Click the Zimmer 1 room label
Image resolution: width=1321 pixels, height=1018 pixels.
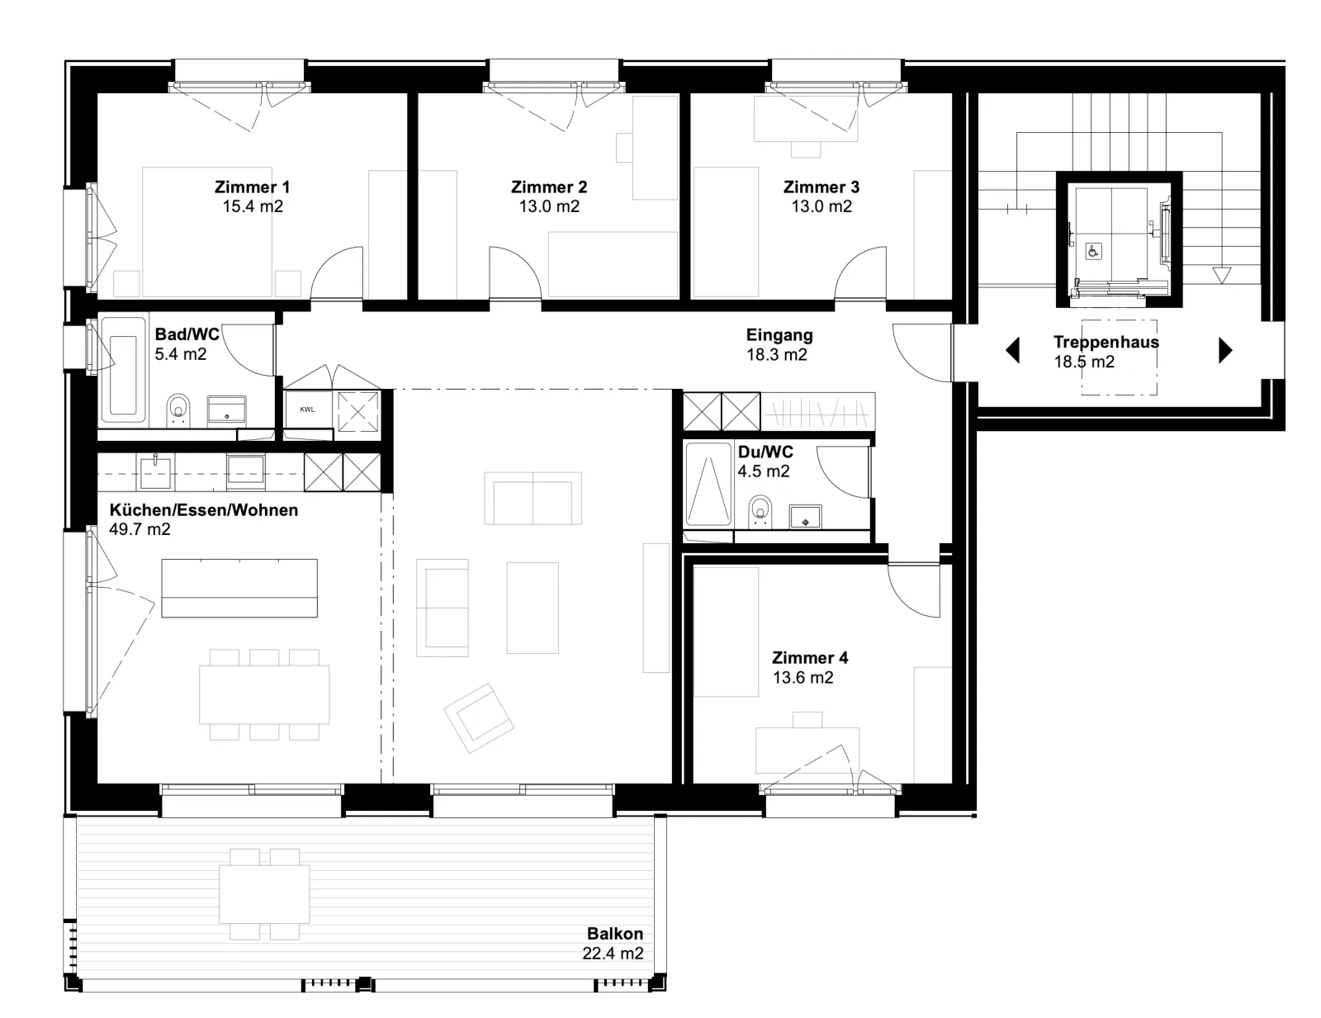coord(252,187)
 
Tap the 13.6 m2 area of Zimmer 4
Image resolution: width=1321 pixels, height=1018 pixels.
coord(803,678)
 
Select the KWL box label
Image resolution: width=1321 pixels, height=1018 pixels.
coord(308,410)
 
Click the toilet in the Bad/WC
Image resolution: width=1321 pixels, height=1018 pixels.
coord(178,410)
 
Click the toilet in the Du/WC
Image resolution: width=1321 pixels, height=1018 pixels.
coord(760,513)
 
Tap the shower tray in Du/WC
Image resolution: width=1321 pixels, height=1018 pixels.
coord(708,484)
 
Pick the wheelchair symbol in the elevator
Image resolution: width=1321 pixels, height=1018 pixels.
coord(1093,251)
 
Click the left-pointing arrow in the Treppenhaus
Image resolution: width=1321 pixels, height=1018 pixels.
coord(1013,351)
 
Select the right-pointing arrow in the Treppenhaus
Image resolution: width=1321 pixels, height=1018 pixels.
coord(1225,351)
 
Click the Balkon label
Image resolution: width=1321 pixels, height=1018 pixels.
coord(614,934)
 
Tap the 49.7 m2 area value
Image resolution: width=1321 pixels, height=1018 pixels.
coord(140,529)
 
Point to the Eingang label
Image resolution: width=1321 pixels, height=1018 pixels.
coord(779,335)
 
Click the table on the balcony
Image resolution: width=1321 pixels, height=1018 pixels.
coord(264,895)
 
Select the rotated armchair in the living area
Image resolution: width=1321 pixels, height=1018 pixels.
coord(479,718)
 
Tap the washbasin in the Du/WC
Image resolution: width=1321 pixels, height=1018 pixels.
coord(806,517)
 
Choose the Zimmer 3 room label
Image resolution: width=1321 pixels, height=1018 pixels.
coord(821,187)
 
